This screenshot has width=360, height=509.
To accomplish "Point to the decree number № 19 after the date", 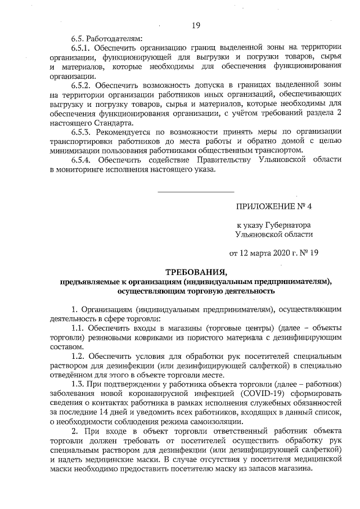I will coord(309,253).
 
